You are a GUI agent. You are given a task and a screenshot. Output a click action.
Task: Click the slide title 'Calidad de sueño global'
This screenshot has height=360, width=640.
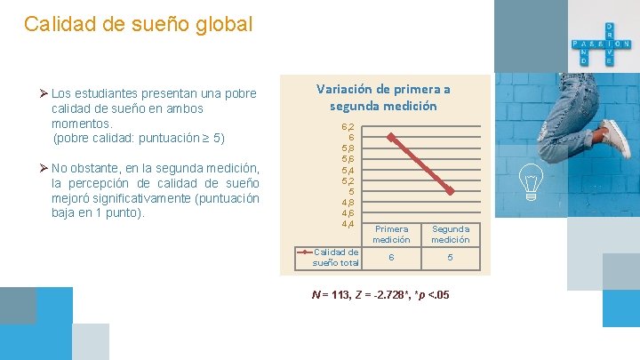(139, 24)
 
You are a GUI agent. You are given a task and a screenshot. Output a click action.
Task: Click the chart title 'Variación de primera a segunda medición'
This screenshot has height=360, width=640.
(383, 97)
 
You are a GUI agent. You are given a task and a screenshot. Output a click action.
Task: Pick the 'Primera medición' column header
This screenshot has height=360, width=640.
(391, 234)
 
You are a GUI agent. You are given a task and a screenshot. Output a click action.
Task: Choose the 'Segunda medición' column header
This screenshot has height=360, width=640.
(451, 234)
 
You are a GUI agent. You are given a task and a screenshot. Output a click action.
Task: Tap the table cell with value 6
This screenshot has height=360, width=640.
(391, 257)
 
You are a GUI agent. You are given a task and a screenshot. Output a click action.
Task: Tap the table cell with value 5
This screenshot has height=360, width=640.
(451, 257)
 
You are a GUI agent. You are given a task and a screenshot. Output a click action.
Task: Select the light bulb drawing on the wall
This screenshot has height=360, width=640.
(532, 181)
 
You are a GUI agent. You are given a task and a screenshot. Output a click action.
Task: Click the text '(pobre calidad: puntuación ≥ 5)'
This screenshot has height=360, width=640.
(139, 139)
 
